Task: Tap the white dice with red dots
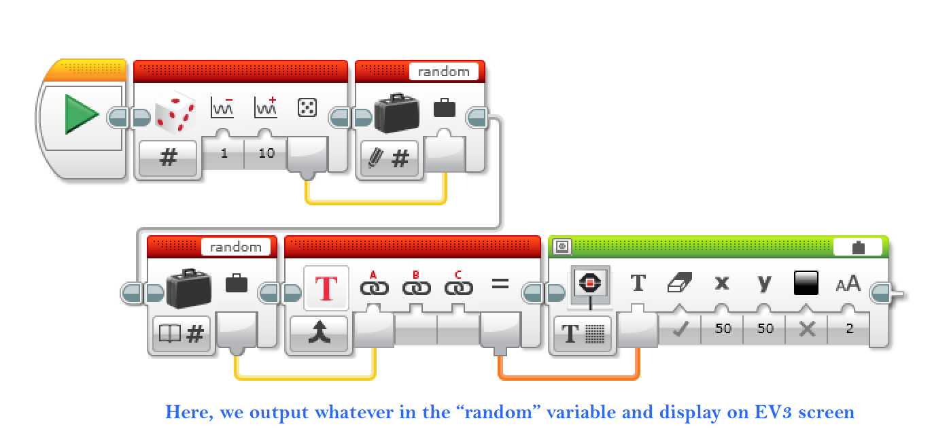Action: (175, 110)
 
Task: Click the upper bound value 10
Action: (266, 153)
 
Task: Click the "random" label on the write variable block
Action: (443, 71)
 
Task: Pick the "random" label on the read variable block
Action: (235, 247)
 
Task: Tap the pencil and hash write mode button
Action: (390, 159)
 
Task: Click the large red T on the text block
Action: (326, 288)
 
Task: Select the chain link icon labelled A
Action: (373, 288)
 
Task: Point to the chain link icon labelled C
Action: (459, 288)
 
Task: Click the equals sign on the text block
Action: (500, 284)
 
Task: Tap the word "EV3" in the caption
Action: (764, 411)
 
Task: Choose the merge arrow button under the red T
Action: (319, 333)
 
